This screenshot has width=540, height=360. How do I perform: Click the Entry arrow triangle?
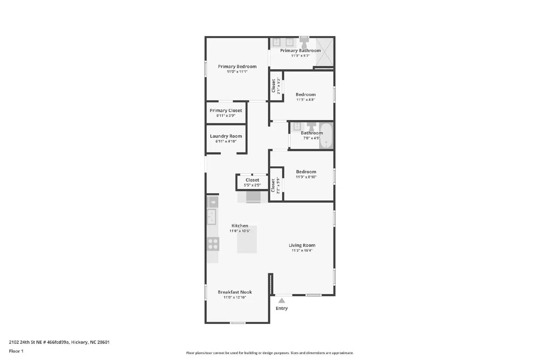281,301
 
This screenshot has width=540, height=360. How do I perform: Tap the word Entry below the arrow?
281,308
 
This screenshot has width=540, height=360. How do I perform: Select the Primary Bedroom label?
237,66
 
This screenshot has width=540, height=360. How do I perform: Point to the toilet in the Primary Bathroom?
304,43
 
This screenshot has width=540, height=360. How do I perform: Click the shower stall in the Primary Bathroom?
324,52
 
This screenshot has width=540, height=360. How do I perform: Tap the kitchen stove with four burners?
213,244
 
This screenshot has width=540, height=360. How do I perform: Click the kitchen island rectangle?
247,240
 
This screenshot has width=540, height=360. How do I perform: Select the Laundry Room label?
226,136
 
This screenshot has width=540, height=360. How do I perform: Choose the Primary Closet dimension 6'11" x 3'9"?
226,116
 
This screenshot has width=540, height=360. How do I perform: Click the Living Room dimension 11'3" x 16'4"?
302,250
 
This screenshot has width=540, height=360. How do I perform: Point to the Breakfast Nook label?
235,292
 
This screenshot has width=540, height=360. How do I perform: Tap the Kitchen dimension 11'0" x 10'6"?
240,231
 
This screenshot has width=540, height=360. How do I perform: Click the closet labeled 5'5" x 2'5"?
252,183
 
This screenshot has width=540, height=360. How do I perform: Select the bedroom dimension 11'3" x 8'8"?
306,100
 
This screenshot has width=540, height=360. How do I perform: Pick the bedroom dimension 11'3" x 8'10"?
306,177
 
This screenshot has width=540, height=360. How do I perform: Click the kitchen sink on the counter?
212,217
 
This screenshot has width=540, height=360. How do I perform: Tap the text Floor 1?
16,351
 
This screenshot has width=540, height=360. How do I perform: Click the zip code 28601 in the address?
103,342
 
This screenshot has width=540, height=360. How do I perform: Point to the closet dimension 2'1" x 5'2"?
279,86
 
